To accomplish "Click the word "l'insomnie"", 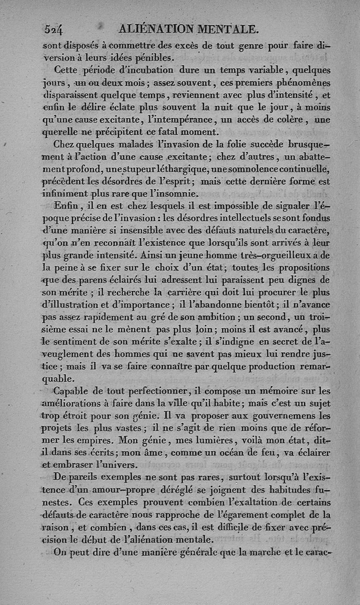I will [174, 195].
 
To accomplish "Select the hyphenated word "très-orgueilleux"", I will [279, 256].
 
